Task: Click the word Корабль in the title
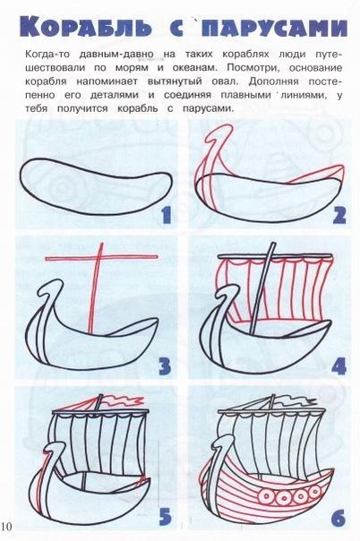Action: point(85,26)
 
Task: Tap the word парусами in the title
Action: point(273,27)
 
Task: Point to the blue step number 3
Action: point(165,366)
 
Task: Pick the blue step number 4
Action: point(339,366)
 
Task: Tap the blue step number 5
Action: point(165,517)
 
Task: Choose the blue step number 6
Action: point(339,517)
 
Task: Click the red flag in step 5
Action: point(123,401)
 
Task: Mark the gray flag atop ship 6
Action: point(296,401)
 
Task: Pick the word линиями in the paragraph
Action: point(303,95)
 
